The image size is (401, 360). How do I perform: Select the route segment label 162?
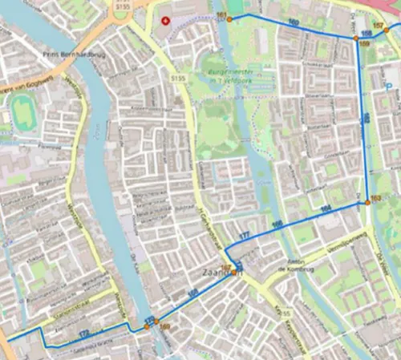366,119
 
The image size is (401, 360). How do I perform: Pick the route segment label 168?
192,296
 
